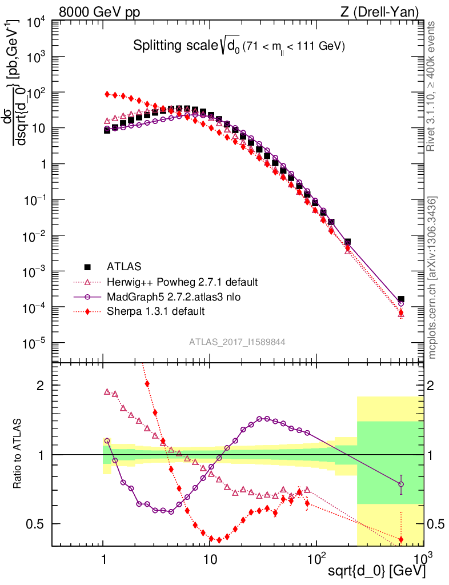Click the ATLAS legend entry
click(x=123, y=266)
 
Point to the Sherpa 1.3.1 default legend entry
click(x=155, y=311)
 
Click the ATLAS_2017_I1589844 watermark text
click(x=237, y=342)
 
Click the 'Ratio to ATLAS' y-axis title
click(x=19, y=455)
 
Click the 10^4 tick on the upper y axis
click(x=38, y=22)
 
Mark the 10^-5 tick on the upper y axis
click(x=38, y=343)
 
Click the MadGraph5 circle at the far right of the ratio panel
click(x=401, y=484)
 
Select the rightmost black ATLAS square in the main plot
click(x=401, y=299)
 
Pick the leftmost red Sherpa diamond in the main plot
click(x=107, y=94)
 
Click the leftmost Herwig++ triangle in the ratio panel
click(x=107, y=392)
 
